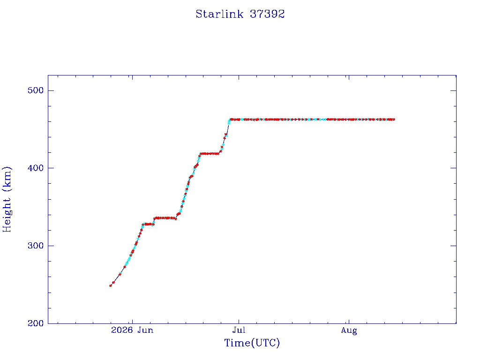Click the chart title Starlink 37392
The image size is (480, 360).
pos(240,14)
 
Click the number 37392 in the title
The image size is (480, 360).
pos(267,14)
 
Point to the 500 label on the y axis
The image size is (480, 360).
pos(36,90)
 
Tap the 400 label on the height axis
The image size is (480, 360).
pos(36,168)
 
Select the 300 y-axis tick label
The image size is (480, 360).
pos(36,246)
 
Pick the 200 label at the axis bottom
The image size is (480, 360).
pos(36,323)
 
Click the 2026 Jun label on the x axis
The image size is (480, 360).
pos(132,330)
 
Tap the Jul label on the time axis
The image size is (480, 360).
pos(239,330)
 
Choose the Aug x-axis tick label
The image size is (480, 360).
pos(349,330)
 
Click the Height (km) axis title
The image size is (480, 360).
pos(7,199)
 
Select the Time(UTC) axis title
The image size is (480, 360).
pos(252,343)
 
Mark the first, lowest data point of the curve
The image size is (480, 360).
pos(111,285)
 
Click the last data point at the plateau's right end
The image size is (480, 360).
pos(393,120)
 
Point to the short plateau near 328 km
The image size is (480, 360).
pos(148,224)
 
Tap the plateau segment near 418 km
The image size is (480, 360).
pos(210,153)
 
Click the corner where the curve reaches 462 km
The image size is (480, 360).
pos(230,120)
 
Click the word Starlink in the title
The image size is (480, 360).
pos(219,14)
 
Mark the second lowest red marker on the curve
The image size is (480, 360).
pos(113,283)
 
